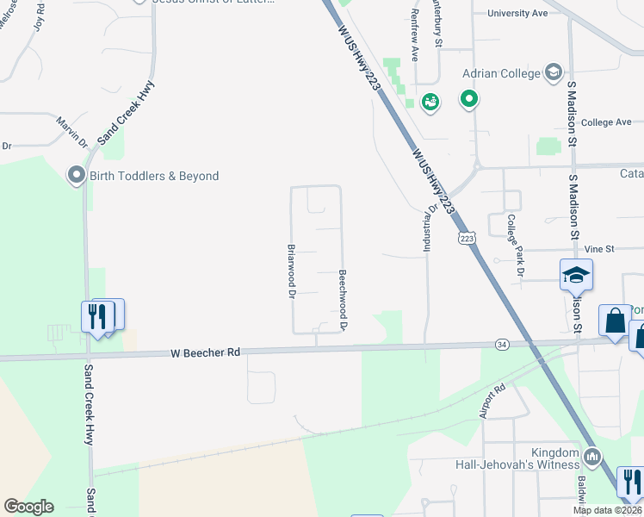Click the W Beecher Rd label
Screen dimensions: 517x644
[x=205, y=352]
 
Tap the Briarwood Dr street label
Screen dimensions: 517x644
[x=291, y=271]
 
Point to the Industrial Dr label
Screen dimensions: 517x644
[x=425, y=228]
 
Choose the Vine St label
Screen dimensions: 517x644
[x=598, y=249]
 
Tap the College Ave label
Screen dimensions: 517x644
[x=606, y=122]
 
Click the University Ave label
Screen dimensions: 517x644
[x=517, y=13]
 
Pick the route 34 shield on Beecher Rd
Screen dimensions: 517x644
[x=502, y=344]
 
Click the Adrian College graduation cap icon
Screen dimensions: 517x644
[x=553, y=73]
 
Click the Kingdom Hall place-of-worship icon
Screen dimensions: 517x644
[x=591, y=456]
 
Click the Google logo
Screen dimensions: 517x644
[x=28, y=507]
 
